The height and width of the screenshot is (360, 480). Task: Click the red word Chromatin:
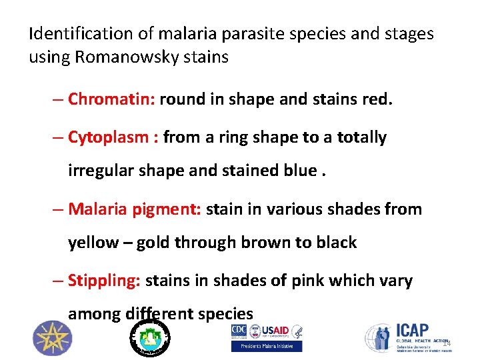[x=112, y=99]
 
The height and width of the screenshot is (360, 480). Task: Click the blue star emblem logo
[x=51, y=338]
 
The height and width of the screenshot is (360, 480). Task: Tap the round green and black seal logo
[x=149, y=338]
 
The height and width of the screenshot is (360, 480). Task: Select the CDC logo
[x=239, y=331]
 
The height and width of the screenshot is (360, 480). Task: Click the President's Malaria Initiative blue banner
[x=266, y=346]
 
